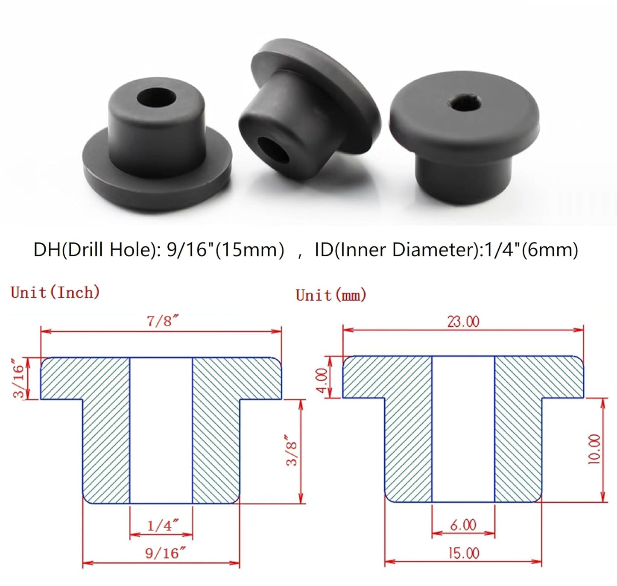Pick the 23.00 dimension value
(463, 321)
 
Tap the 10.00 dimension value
(594, 449)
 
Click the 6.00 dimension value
(463, 524)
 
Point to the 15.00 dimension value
(463, 553)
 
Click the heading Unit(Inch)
(56, 293)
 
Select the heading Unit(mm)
(331, 295)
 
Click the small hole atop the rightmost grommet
(467, 103)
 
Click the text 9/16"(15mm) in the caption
(225, 249)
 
